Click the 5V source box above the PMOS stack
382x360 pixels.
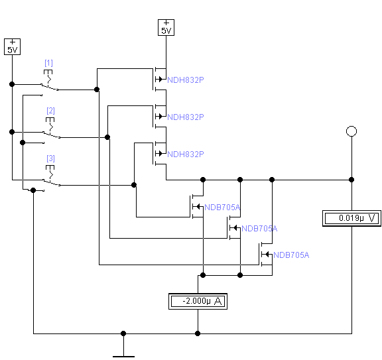(166, 28)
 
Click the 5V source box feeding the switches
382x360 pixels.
(12, 46)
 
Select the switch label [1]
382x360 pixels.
(48, 63)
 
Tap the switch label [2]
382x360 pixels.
(50, 111)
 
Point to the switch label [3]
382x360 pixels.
(50, 158)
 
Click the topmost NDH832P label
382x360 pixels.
(186, 80)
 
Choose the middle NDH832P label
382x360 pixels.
(186, 117)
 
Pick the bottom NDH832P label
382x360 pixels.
(186, 154)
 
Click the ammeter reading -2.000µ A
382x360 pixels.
(198, 301)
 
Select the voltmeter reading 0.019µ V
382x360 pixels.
(351, 218)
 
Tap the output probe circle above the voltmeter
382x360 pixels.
(351, 131)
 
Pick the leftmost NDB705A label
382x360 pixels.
(222, 208)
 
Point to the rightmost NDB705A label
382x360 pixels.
(291, 255)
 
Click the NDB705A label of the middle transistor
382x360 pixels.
(259, 229)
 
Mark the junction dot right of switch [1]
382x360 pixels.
(97, 90)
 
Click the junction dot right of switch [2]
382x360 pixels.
(107, 137)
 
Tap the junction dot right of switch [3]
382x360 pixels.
(134, 185)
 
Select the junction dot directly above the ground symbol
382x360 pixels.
(123, 333)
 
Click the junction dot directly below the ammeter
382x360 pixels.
(198, 333)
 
